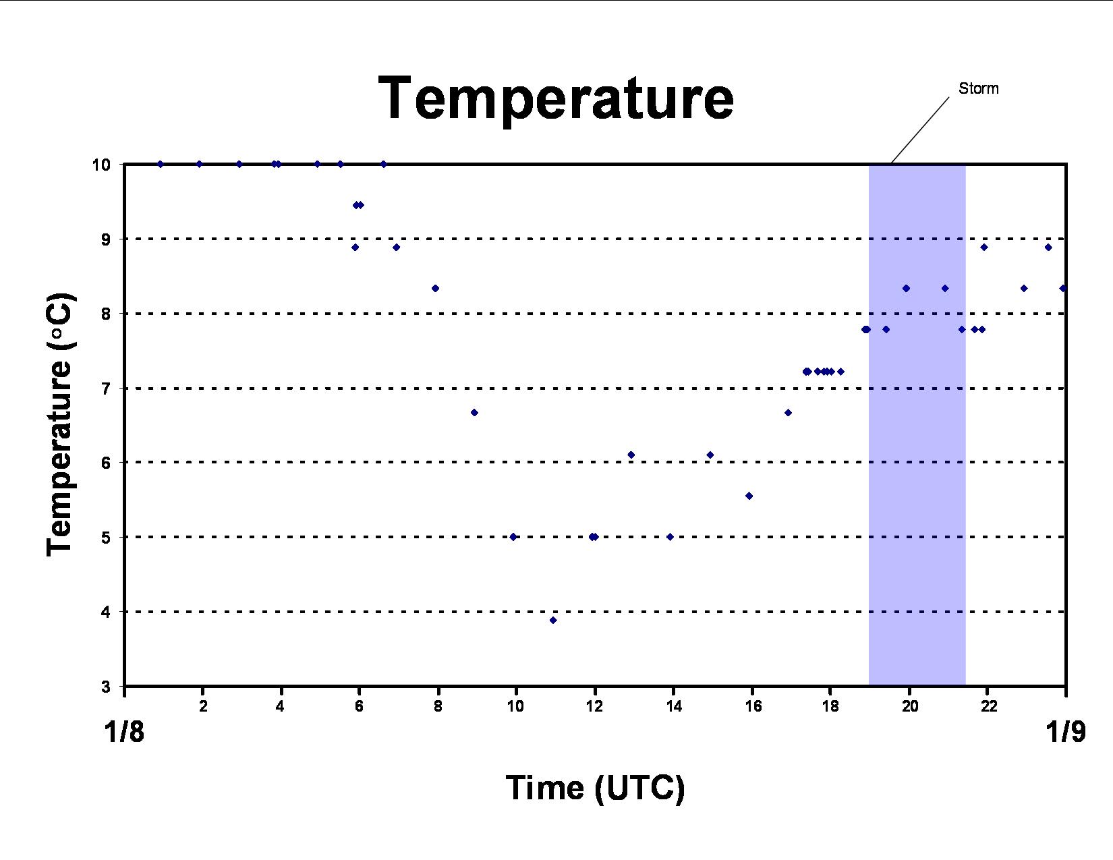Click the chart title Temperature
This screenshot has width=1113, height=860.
(x=556, y=98)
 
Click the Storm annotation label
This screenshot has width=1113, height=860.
(x=978, y=88)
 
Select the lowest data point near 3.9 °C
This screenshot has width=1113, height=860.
(x=552, y=621)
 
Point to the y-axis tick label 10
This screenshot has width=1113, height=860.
(x=101, y=165)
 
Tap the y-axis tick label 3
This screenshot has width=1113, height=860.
(x=106, y=687)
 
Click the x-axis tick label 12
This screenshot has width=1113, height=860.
(x=594, y=707)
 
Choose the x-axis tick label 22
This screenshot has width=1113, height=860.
(x=988, y=707)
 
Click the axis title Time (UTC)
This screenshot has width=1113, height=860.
(x=595, y=788)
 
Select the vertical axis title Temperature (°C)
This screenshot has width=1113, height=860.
(x=61, y=425)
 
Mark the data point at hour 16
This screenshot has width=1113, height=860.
(x=749, y=496)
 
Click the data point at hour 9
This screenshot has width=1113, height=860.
(x=474, y=412)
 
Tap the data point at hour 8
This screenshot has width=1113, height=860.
(x=435, y=289)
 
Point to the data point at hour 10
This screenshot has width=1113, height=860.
(x=513, y=537)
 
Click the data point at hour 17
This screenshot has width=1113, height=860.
(x=789, y=412)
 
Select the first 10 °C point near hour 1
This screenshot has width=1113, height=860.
(x=161, y=165)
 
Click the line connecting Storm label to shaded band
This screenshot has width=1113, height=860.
(x=920, y=130)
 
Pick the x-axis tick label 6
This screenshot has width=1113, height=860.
(x=359, y=707)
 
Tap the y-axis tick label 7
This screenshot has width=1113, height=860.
(x=106, y=389)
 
